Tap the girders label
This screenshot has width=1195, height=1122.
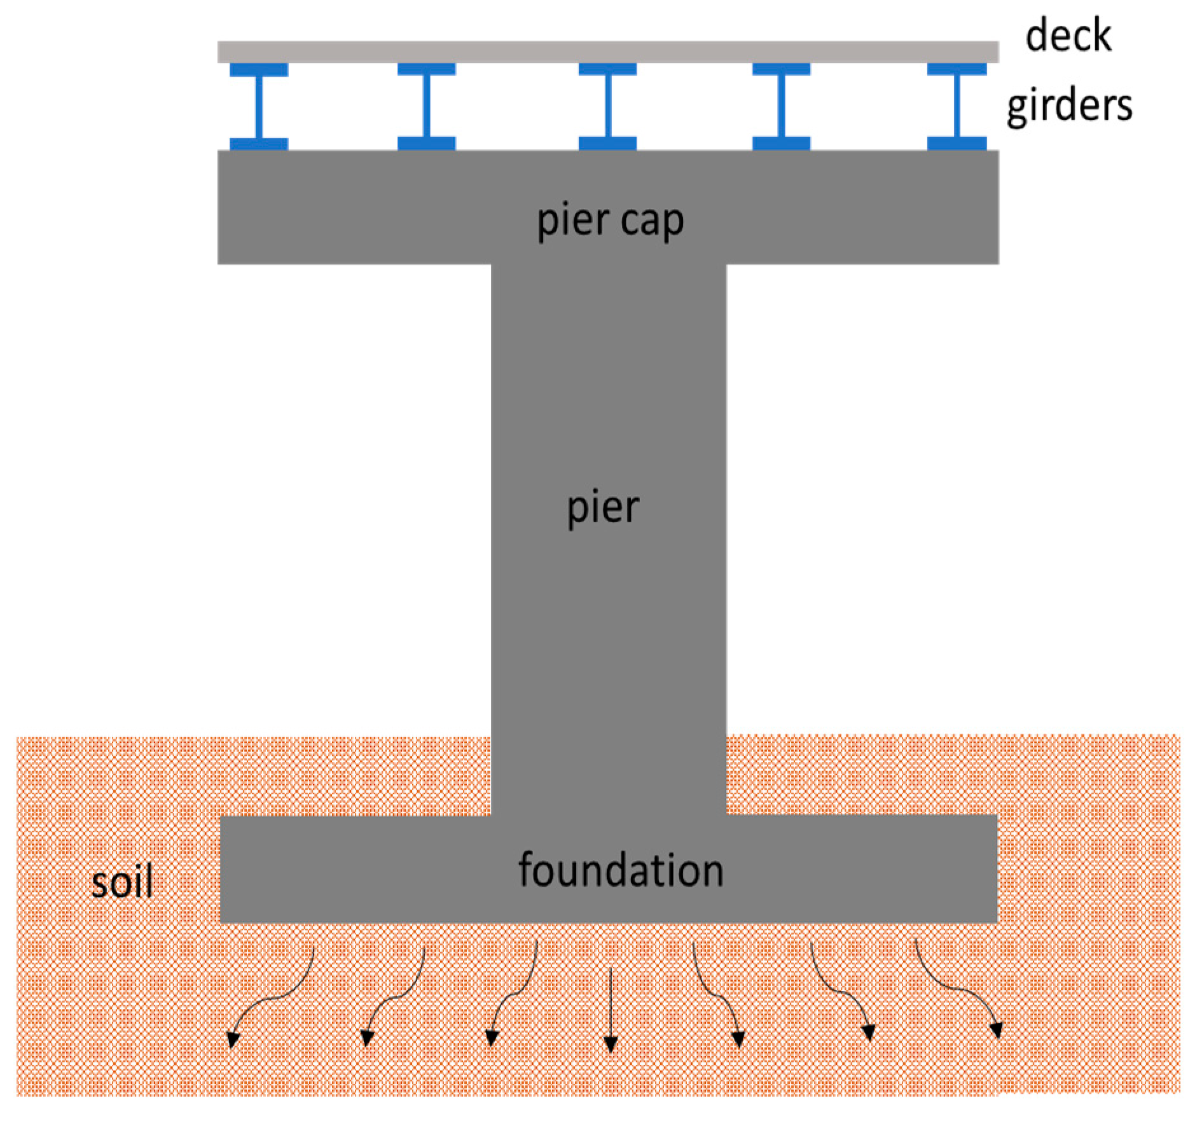(x=1068, y=105)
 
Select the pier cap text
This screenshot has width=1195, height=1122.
(x=610, y=221)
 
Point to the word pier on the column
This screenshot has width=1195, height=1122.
(x=602, y=507)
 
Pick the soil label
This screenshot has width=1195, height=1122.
(x=121, y=882)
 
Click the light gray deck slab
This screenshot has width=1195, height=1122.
(x=607, y=51)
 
